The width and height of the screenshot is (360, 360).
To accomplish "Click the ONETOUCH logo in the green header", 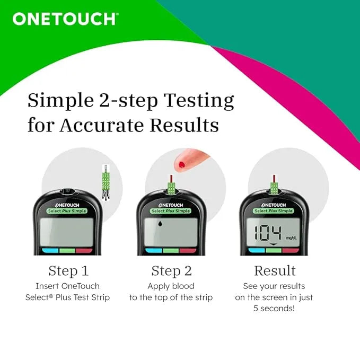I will [x=65, y=19].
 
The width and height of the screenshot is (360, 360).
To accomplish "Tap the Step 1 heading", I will [x=68, y=271].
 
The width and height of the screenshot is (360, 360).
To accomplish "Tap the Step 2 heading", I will [x=171, y=271].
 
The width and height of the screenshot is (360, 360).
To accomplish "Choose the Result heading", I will [x=274, y=271].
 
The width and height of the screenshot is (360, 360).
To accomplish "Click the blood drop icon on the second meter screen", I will [x=160, y=225].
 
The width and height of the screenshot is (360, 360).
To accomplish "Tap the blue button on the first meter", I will [x=49, y=250].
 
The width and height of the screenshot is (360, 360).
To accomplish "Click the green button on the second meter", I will [x=171, y=250].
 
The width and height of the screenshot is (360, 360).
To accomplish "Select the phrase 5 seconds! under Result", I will [x=274, y=308].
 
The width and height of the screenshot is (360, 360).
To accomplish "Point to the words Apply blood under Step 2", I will [x=171, y=285].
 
